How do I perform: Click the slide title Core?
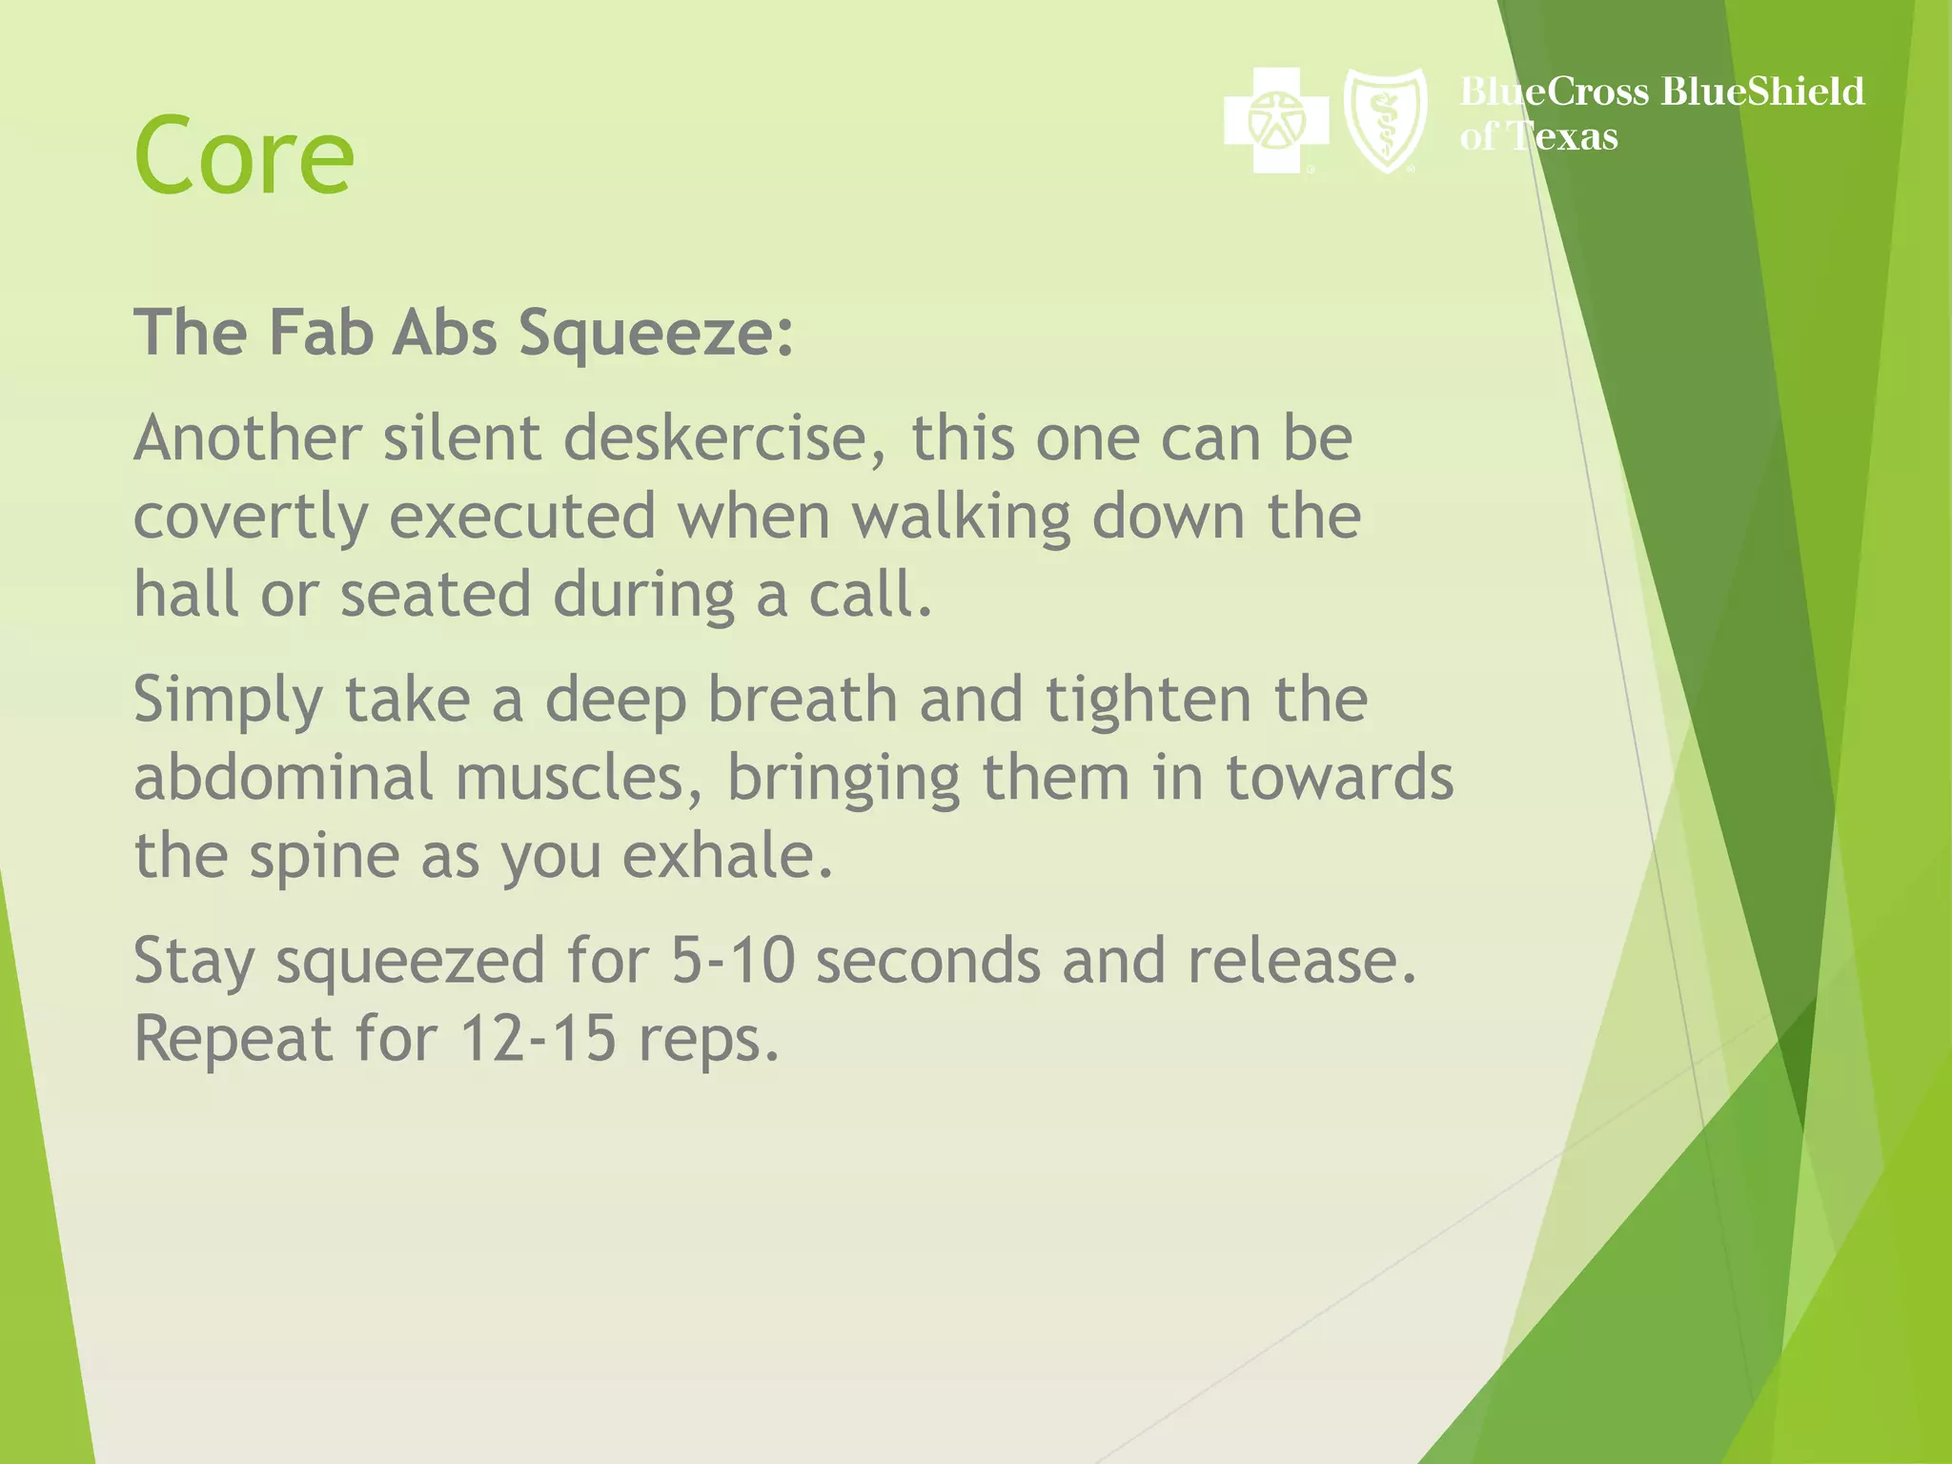pyautogui.click(x=244, y=154)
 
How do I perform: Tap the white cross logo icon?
pyautogui.click(x=1276, y=121)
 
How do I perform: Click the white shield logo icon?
pyautogui.click(x=1385, y=119)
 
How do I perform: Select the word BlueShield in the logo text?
pyautogui.click(x=1762, y=91)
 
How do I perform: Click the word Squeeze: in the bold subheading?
pyautogui.click(x=656, y=334)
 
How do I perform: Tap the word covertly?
pyautogui.click(x=250, y=518)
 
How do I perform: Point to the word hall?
pyautogui.click(x=186, y=594)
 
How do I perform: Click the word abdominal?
pyautogui.click(x=284, y=777)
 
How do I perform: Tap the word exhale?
pyautogui.click(x=728, y=855)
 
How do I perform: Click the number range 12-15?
pyautogui.click(x=538, y=1038)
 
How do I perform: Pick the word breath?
pyautogui.click(x=803, y=700)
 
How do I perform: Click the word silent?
pyautogui.click(x=462, y=438)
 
